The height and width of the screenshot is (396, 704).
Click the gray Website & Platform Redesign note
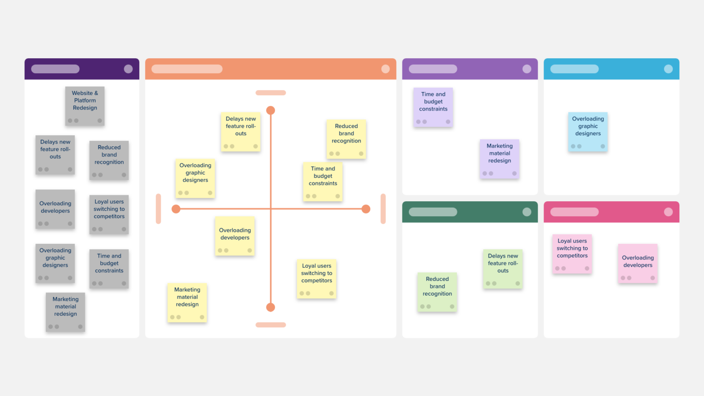pyautogui.click(x=85, y=106)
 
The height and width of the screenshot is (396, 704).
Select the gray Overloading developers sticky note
pyautogui.click(x=55, y=209)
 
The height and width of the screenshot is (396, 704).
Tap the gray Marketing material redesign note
pyautogui.click(x=66, y=312)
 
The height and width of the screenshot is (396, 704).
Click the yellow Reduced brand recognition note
pyautogui.click(x=346, y=139)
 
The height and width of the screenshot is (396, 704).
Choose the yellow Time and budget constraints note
pyautogui.click(x=323, y=181)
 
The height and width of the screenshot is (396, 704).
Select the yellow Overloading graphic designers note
pyautogui.click(x=195, y=178)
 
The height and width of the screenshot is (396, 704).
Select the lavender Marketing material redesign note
pyautogui.click(x=500, y=159)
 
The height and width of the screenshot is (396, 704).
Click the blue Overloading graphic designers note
pyautogui.click(x=588, y=132)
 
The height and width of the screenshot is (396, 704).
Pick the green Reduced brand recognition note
pyautogui.click(x=437, y=292)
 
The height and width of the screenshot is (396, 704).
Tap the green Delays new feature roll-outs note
pyautogui.click(x=503, y=269)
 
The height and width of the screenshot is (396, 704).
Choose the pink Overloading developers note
pyautogui.click(x=638, y=263)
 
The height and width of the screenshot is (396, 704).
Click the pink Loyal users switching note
pyautogui.click(x=572, y=253)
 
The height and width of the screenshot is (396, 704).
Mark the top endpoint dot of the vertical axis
pyautogui.click(x=271, y=110)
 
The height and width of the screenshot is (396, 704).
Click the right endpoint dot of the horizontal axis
pyautogui.click(x=366, y=209)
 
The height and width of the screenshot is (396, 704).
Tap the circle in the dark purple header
pyautogui.click(x=128, y=69)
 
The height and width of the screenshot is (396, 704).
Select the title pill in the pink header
pyautogui.click(x=574, y=212)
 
